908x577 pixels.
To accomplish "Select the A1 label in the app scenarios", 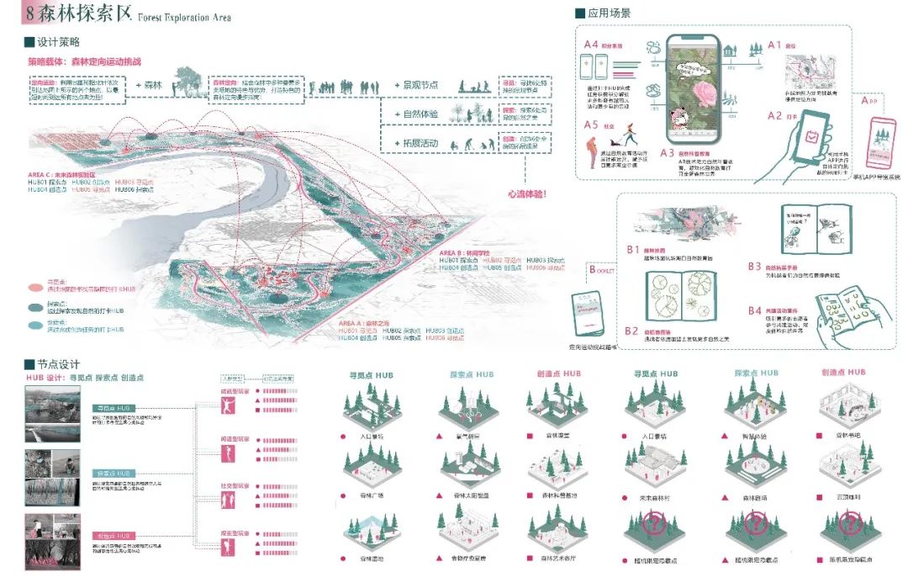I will (x=774, y=45).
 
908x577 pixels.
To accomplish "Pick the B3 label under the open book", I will (x=755, y=267).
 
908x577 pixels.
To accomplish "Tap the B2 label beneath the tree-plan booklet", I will (x=632, y=331).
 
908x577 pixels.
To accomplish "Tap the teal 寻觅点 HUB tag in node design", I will (x=113, y=408).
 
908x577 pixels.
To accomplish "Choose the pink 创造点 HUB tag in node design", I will (x=113, y=536).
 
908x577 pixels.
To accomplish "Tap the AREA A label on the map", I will (x=362, y=322).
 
